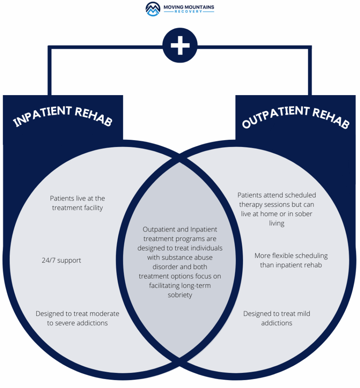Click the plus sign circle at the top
180,45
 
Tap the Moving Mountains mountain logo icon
153,9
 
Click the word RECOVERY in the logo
189,11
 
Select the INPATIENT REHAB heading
63,116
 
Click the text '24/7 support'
61,261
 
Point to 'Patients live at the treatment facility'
78,203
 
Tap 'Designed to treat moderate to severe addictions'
78,318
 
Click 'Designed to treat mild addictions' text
277,318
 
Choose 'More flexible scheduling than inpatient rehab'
291,260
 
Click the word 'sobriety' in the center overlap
180,295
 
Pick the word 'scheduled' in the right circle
301,195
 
